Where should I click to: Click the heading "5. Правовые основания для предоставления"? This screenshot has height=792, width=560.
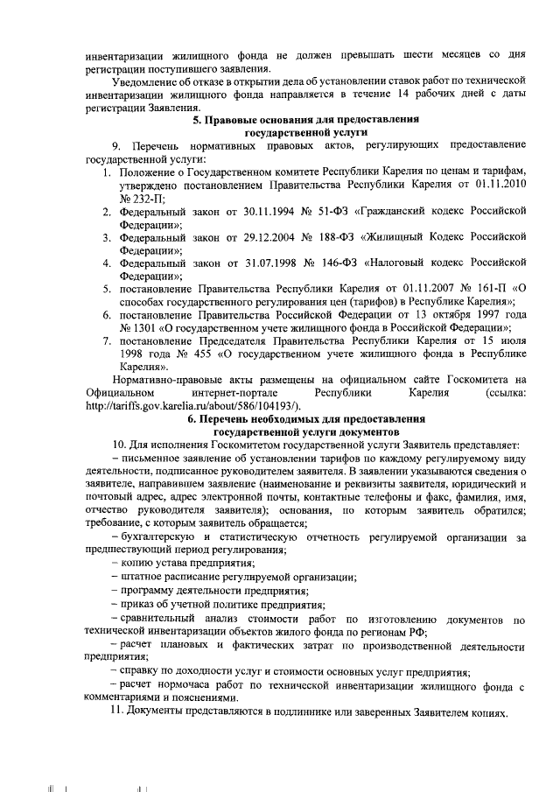click(x=306, y=118)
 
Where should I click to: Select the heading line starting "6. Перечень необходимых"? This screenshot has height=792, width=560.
click(x=306, y=419)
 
